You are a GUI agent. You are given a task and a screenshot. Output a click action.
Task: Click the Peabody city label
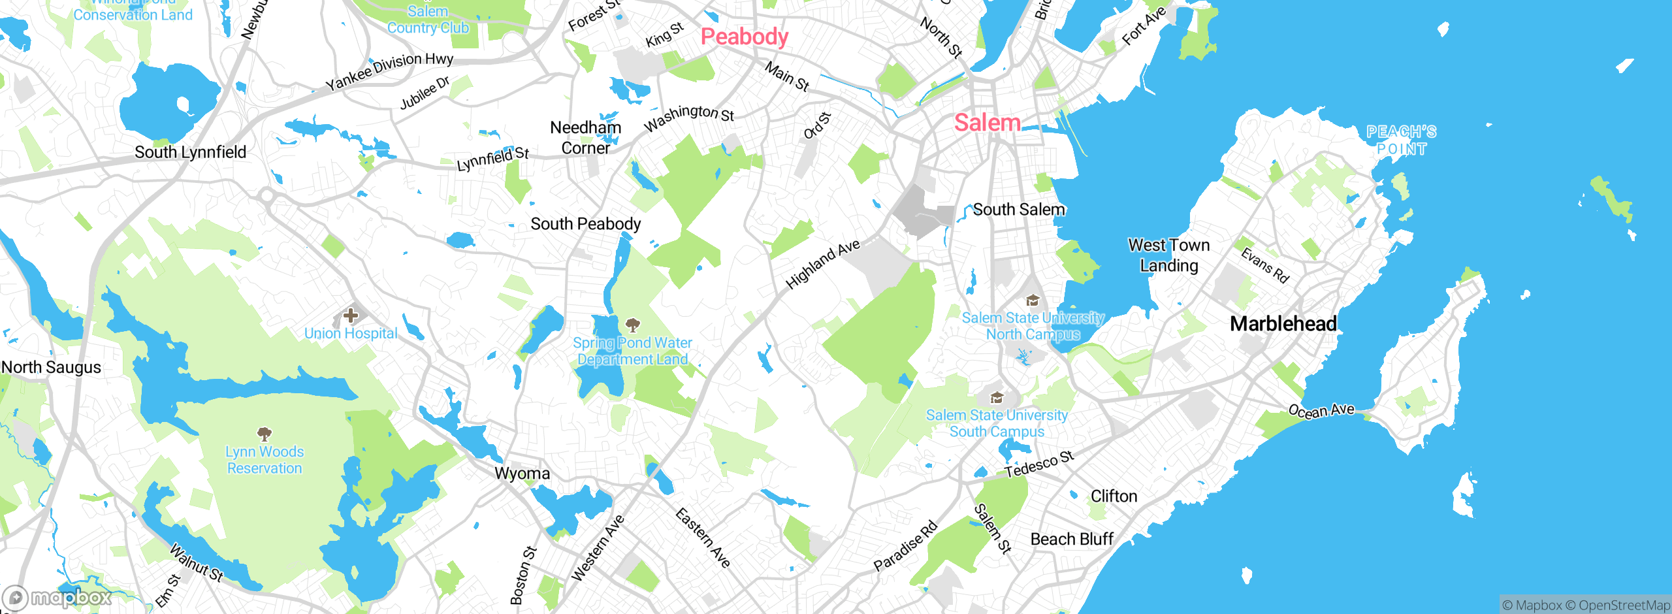pyautogui.click(x=744, y=37)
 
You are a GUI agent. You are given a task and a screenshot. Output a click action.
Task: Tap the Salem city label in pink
pyautogui.click(x=987, y=123)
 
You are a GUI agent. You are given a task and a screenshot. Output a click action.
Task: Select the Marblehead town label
pyautogui.click(x=1283, y=323)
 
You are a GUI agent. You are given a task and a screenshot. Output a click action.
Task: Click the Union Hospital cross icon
pyautogui.click(x=351, y=316)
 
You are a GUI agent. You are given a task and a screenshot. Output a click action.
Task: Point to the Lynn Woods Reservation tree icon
pyautogui.click(x=265, y=434)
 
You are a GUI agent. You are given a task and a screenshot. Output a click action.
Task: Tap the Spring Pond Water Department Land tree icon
pyautogui.click(x=632, y=325)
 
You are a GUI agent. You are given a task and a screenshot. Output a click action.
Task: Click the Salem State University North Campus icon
pyautogui.click(x=1033, y=300)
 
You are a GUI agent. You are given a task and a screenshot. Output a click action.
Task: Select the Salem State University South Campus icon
pyautogui.click(x=997, y=398)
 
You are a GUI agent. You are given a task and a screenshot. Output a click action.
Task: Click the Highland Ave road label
pyautogui.click(x=822, y=264)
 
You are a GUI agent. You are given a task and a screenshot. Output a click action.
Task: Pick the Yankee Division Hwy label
pyautogui.click(x=389, y=71)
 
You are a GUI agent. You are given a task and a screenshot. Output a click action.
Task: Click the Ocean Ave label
pyautogui.click(x=1321, y=411)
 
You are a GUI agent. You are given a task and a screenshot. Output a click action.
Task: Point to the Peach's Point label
pyautogui.click(x=1402, y=140)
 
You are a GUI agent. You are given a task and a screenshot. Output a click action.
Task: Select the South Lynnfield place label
pyautogui.click(x=190, y=152)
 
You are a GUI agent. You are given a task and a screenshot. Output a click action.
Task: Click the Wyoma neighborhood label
pyautogui.click(x=522, y=474)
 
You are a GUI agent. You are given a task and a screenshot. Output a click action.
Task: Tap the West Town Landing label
pyautogui.click(x=1168, y=255)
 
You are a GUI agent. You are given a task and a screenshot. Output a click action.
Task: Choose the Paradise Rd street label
pyautogui.click(x=905, y=546)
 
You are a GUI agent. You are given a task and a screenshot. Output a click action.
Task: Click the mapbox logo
pyautogui.click(x=57, y=598)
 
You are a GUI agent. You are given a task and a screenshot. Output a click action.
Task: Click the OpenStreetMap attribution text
pyautogui.click(x=1622, y=606)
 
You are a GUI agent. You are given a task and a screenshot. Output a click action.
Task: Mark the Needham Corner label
pyautogui.click(x=585, y=138)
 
